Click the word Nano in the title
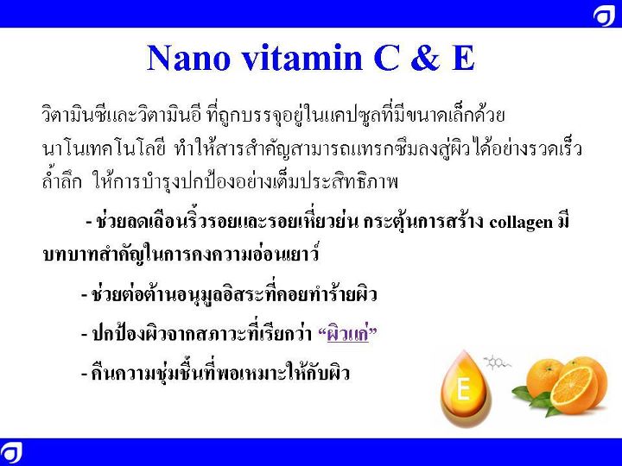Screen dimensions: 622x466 point(189,58)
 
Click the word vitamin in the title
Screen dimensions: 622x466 point(302,58)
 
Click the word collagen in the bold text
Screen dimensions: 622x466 point(521,223)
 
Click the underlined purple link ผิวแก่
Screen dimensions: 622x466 point(347,335)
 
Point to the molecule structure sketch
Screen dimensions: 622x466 point(497,362)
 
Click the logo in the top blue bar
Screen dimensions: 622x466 point(604,16)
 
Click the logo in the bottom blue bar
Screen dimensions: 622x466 point(11,452)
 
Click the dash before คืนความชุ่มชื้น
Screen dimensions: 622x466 point(84,375)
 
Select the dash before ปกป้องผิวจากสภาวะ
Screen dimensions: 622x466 point(84,335)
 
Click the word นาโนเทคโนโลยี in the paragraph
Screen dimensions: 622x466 point(103,149)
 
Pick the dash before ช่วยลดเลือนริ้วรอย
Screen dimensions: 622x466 point(89,223)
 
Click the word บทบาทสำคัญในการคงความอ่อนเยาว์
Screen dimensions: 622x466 point(181,254)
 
